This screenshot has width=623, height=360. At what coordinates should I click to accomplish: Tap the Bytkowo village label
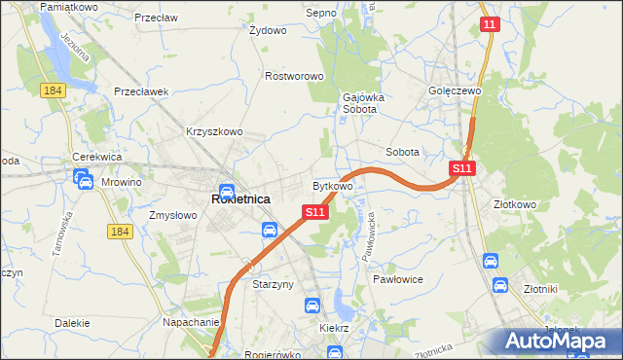click(x=333, y=185)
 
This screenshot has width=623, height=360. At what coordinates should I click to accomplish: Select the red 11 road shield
click(x=491, y=24)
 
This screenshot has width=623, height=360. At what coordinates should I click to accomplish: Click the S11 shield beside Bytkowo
click(x=313, y=212)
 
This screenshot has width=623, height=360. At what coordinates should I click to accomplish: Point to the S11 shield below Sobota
click(x=461, y=169)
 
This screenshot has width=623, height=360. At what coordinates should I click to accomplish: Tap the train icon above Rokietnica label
click(x=226, y=191)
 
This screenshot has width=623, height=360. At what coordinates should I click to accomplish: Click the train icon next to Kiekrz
click(x=311, y=306)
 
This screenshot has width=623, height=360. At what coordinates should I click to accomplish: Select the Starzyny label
click(x=273, y=285)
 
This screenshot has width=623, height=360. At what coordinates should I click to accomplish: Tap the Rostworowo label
click(x=294, y=76)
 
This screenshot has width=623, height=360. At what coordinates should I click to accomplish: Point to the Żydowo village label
click(x=268, y=30)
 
